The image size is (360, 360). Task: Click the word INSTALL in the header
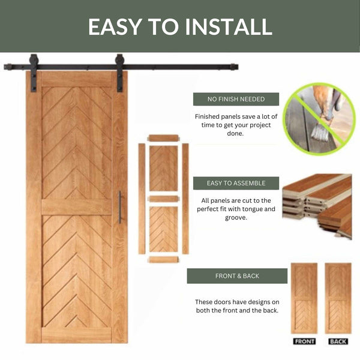pyautogui.click(x=229, y=26)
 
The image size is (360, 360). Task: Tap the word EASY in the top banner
pyautogui.click(x=115, y=26)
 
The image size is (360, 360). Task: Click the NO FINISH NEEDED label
pyautogui.click(x=236, y=99)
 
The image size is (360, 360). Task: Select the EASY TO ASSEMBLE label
pyautogui.click(x=236, y=183)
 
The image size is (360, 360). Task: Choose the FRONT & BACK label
pyautogui.click(x=237, y=276)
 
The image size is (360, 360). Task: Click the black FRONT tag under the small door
pyautogui.click(x=304, y=341)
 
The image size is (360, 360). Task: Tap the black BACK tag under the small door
pyautogui.click(x=338, y=341)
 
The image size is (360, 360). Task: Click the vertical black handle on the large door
pyautogui.click(x=120, y=207)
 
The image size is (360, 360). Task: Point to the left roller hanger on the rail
pyautogui.click(x=34, y=73)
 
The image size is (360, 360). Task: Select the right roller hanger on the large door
pyautogui.click(x=119, y=73)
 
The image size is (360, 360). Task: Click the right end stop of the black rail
pyautogui.click(x=234, y=67)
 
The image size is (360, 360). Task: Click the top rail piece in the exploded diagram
pyautogui.click(x=163, y=138)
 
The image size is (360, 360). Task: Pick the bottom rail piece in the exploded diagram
pyautogui.click(x=163, y=260)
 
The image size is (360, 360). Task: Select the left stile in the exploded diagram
pyautogui.click(x=142, y=199)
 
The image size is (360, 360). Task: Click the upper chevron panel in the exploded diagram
pyautogui.click(x=163, y=169)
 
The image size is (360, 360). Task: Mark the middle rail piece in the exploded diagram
pyautogui.click(x=163, y=199)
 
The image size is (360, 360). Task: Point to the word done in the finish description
pyautogui.click(x=235, y=133)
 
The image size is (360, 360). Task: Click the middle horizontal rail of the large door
pyautogui.click(x=76, y=207)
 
